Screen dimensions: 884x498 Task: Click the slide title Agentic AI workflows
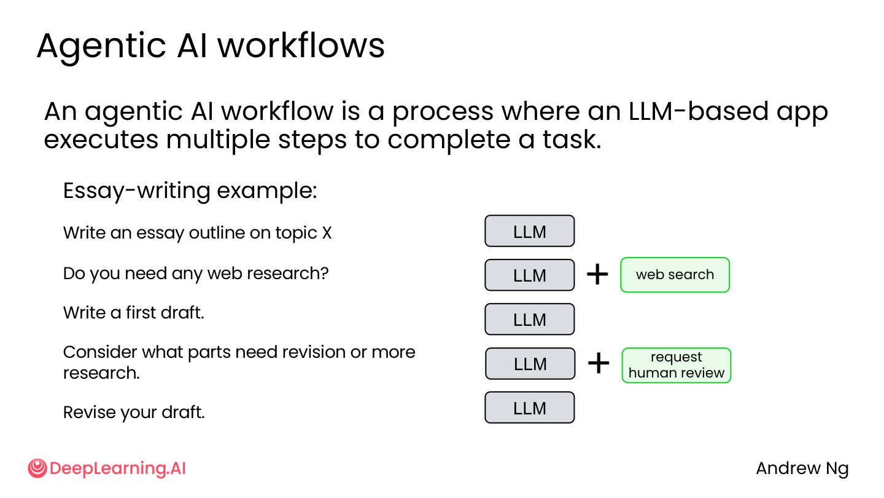211,47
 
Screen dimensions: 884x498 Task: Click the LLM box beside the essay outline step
530,231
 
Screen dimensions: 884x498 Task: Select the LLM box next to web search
530,275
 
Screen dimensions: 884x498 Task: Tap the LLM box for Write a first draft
530,319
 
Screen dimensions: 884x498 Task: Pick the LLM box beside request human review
530,363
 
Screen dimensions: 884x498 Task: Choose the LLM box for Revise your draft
530,408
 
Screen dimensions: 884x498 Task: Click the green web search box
675,275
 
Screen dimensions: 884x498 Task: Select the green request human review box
677,365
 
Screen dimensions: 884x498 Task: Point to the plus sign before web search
597,274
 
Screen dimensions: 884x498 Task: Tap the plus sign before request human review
599,363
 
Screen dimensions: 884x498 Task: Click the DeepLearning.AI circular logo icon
37,468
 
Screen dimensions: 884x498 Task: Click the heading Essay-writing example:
190,191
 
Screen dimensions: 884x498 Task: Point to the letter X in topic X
327,233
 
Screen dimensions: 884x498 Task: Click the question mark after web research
324,273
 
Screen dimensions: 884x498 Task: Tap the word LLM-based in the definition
698,111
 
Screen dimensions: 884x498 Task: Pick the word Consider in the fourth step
100,352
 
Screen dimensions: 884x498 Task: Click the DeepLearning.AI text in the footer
118,468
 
